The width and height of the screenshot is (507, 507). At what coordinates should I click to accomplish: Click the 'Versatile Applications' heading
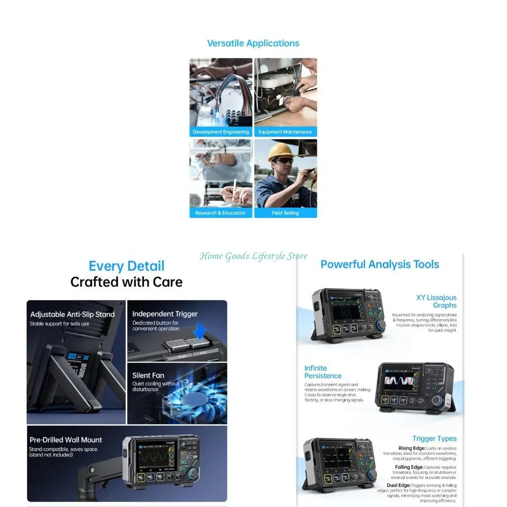(253, 43)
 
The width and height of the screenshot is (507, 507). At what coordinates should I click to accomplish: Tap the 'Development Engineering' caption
(221, 132)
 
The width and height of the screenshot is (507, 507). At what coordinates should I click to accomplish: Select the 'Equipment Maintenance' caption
(285, 132)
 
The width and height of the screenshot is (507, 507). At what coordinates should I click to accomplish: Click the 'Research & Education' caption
(220, 213)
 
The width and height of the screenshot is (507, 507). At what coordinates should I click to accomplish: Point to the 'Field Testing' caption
(285, 213)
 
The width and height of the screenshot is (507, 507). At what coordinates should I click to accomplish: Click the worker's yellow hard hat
(280, 151)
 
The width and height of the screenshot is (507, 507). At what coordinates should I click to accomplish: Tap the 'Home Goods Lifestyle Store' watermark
(253, 256)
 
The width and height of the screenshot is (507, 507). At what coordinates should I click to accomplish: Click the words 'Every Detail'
(126, 266)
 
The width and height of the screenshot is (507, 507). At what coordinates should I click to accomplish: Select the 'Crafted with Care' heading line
(126, 282)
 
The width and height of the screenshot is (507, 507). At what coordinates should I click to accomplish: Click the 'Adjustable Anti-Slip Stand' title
(72, 314)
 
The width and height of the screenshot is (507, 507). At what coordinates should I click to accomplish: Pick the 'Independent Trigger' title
(165, 314)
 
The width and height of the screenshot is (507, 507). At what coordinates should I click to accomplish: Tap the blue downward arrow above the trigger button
(200, 331)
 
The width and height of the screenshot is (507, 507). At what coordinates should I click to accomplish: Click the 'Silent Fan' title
(148, 375)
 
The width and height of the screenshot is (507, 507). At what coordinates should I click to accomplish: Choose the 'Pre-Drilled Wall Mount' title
(66, 440)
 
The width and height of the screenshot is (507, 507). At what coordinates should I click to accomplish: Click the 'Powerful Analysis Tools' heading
(380, 264)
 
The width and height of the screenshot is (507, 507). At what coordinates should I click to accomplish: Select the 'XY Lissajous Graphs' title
(437, 302)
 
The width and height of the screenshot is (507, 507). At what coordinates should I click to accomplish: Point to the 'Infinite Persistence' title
(323, 372)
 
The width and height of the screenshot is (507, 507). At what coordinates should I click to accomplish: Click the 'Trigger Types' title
(434, 439)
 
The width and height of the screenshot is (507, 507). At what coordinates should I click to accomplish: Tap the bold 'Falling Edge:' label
(408, 467)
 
